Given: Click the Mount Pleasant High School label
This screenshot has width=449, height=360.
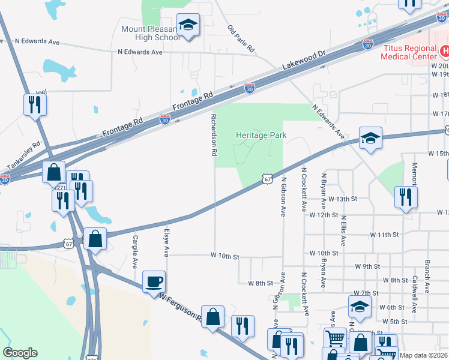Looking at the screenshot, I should click(x=150, y=33).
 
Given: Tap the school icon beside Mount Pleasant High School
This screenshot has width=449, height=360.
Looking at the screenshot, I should click(x=188, y=25).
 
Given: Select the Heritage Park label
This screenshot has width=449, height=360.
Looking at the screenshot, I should click(x=261, y=136).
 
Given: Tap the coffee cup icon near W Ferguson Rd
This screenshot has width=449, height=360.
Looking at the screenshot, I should click(x=154, y=281).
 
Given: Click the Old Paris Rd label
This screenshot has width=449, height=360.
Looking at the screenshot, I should click(x=241, y=38).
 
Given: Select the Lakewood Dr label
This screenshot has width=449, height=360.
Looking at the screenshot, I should click(x=305, y=61).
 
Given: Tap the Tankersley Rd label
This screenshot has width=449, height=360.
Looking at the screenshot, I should click(x=23, y=155).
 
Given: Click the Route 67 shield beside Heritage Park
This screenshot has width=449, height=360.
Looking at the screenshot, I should click(x=268, y=178).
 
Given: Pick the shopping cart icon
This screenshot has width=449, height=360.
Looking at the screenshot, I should click(x=335, y=338).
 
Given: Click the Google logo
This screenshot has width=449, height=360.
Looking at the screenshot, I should click(x=20, y=353).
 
